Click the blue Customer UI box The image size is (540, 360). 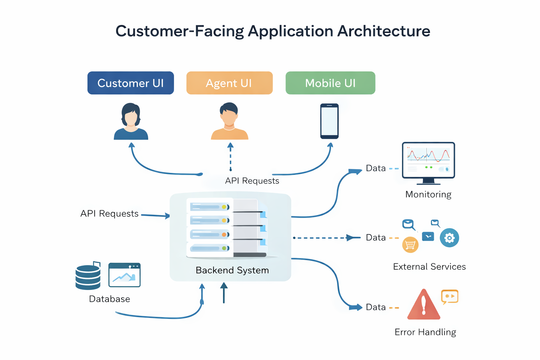click(130, 83)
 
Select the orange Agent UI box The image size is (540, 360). click(229, 83)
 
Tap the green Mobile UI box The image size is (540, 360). click(330, 83)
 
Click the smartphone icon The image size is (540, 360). click(329, 121)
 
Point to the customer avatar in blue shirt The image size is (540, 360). click(131, 122)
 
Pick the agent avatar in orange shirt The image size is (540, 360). click(230, 122)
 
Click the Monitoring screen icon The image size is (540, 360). click(428, 162)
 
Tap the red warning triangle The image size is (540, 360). click(424, 305)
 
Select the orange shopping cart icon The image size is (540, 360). click(410, 245)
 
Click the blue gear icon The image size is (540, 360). click(449, 238)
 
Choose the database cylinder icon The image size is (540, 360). click(88, 277)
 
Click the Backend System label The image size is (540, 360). click(232, 270)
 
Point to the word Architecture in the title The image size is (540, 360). click(384, 31)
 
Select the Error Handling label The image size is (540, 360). click(425, 332)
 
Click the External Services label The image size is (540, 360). click(429, 267)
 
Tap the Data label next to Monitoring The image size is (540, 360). click(376, 168)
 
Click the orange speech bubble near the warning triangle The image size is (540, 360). click(450, 296)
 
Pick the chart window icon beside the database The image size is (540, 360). click(124, 275)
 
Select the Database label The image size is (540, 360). click(109, 299)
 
